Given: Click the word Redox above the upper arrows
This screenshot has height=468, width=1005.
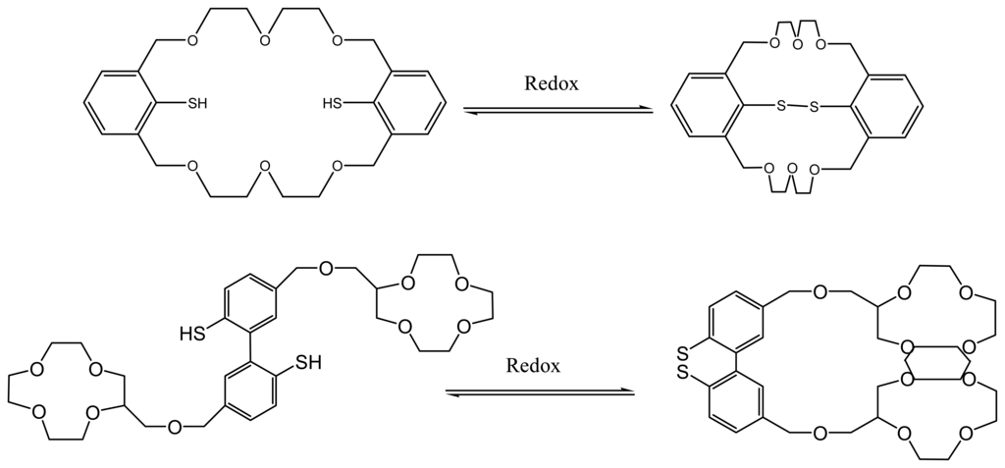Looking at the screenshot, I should (x=551, y=83).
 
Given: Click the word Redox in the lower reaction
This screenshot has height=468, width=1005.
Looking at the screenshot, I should (x=533, y=367).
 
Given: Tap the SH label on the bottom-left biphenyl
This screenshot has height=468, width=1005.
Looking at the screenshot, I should (x=307, y=363).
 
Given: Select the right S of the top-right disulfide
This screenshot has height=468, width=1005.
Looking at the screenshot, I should (x=813, y=106).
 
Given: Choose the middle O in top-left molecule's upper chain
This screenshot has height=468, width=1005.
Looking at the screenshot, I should (x=263, y=40).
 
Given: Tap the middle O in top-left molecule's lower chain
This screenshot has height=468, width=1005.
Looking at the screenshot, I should (x=263, y=164).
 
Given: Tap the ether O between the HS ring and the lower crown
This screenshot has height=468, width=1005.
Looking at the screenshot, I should (x=174, y=426).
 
